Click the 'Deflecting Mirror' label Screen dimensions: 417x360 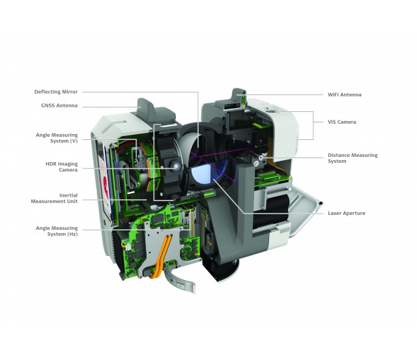tap(56, 92)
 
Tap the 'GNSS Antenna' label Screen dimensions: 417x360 tap(59, 105)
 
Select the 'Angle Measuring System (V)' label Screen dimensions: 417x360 tap(57, 138)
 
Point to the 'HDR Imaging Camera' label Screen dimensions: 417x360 tap(61, 167)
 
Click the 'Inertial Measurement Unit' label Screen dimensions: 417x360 tap(54, 198)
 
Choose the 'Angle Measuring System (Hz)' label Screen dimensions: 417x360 tap(57, 231)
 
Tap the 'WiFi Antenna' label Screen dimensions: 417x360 tap(345, 94)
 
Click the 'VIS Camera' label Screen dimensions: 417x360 tap(341, 122)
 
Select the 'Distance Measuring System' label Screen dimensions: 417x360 tap(352, 158)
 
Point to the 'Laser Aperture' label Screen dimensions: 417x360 tap(346, 213)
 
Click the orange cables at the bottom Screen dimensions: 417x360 tap(160, 257)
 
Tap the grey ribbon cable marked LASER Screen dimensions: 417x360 tap(179, 282)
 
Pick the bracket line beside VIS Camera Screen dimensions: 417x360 tap(313, 126)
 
